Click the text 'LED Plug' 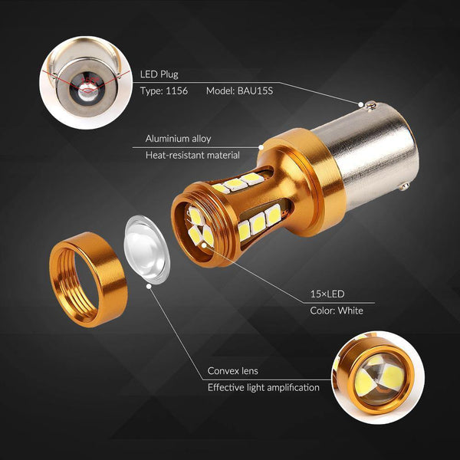pyautogui.click(x=159, y=74)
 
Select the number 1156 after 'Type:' pyautogui.click(x=176, y=90)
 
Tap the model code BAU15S pyautogui.click(x=255, y=90)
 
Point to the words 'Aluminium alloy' pyautogui.click(x=178, y=139)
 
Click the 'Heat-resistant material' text pyautogui.click(x=192, y=155)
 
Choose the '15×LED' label pyautogui.click(x=327, y=294)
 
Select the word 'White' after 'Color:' pyautogui.click(x=350, y=310)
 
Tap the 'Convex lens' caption pyautogui.click(x=232, y=371)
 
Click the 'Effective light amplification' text pyautogui.click(x=264, y=387)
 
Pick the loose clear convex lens pyautogui.click(x=146, y=249)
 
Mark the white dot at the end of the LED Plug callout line pyautogui.click(x=360, y=104)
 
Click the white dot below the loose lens pyautogui.click(x=149, y=286)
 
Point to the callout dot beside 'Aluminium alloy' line pyautogui.click(x=261, y=147)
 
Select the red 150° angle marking pyautogui.click(x=89, y=80)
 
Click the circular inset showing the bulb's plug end pyautogui.click(x=86, y=82)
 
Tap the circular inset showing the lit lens pyautogui.click(x=378, y=377)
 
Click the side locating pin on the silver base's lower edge pyautogui.click(x=405, y=186)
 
